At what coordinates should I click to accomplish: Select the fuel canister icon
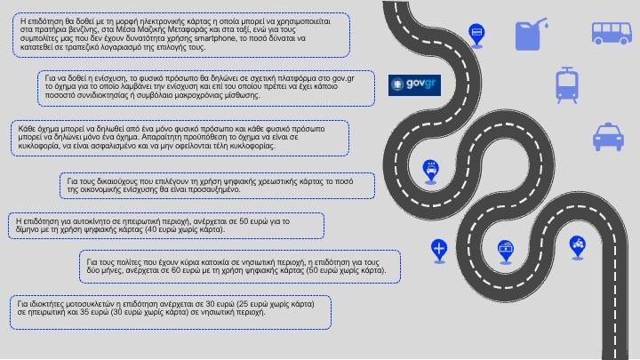click(x=531, y=35)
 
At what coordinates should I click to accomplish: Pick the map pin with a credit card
click(x=476, y=34)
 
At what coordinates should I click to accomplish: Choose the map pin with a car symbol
click(x=430, y=167)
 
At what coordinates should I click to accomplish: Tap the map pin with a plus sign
click(x=438, y=247)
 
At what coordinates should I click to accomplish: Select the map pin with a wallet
click(x=506, y=247)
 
